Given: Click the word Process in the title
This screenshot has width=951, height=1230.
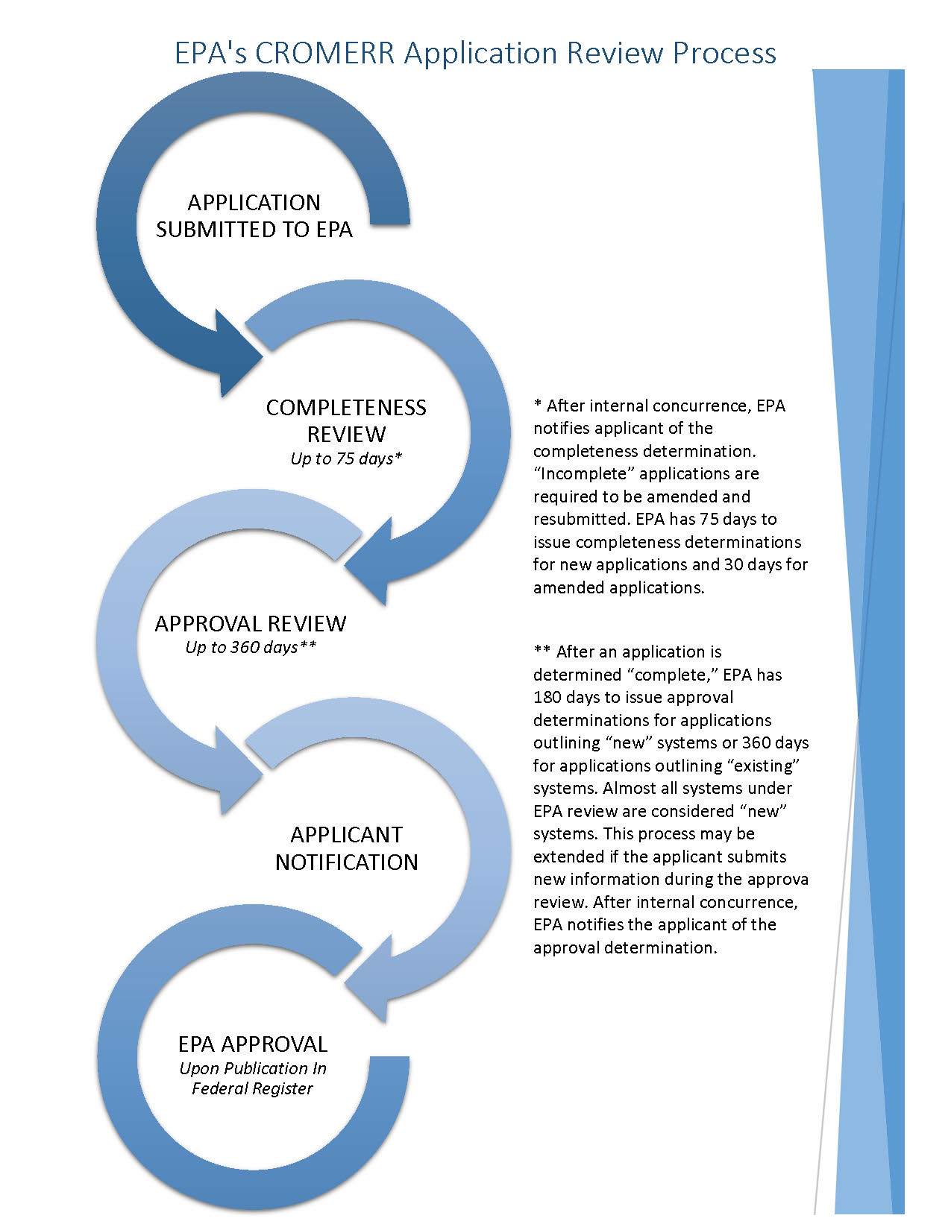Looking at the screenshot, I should (x=724, y=54).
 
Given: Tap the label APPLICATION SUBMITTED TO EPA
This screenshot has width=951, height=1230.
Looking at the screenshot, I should (x=254, y=216).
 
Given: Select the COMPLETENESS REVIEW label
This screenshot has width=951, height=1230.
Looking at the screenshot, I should (x=346, y=420).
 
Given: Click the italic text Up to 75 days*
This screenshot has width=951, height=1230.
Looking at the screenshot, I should (x=346, y=458).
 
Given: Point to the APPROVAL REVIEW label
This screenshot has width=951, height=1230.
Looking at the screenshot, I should (x=251, y=623).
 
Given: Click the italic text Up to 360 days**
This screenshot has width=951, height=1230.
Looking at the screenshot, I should (x=251, y=647).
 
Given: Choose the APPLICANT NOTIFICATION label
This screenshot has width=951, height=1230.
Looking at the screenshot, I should (x=346, y=848).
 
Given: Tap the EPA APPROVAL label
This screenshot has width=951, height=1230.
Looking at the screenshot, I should (x=253, y=1044).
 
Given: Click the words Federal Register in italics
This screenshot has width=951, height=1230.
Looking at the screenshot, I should (x=252, y=1088).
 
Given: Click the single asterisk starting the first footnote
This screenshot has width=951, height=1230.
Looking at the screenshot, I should (x=537, y=405).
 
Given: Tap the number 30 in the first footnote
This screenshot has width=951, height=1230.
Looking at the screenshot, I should (x=734, y=564).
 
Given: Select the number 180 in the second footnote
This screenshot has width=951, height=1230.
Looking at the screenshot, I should (x=547, y=698).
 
